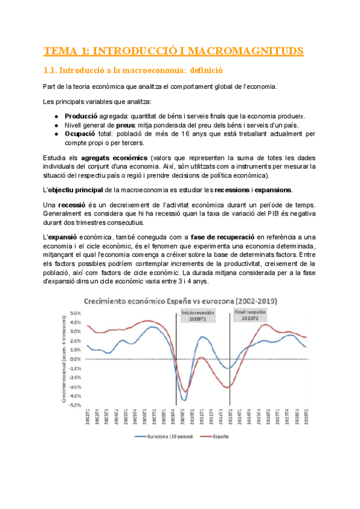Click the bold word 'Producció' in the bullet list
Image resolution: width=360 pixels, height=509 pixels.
coord(82,116)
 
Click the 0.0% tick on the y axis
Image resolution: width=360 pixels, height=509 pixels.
coord(76,359)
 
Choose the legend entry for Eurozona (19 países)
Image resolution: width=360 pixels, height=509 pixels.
coord(170,438)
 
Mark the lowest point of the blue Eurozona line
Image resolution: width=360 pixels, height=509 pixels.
coord(184,400)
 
